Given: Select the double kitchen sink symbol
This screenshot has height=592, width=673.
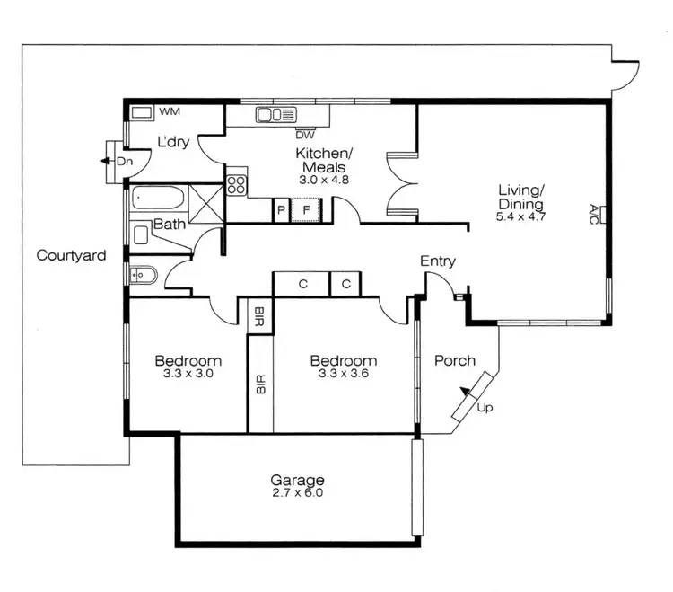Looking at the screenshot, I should pyautogui.click(x=276, y=114).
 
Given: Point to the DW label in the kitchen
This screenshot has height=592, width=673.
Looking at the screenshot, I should pyautogui.click(x=304, y=136).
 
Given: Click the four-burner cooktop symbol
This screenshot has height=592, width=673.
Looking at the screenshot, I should pyautogui.click(x=237, y=185).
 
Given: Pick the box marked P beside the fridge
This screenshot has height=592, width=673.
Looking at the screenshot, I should pyautogui.click(x=281, y=212).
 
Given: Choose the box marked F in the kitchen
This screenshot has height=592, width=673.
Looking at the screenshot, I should pyautogui.click(x=307, y=212).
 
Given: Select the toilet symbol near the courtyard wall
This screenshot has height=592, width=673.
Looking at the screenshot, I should pyautogui.click(x=143, y=275).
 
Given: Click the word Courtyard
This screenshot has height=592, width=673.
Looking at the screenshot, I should pyautogui.click(x=71, y=256).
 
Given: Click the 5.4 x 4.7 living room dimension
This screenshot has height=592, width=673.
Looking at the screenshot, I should pyautogui.click(x=522, y=216).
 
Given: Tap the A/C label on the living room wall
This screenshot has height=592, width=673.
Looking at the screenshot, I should pyautogui.click(x=594, y=214).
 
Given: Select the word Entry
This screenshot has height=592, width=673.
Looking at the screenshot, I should pyautogui.click(x=438, y=261).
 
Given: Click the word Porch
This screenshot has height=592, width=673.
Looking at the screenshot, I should pyautogui.click(x=455, y=361).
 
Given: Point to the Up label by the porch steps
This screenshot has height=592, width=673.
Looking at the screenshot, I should pyautogui.click(x=485, y=408).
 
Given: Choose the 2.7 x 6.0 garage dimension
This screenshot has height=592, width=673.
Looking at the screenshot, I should pyautogui.click(x=297, y=493).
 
